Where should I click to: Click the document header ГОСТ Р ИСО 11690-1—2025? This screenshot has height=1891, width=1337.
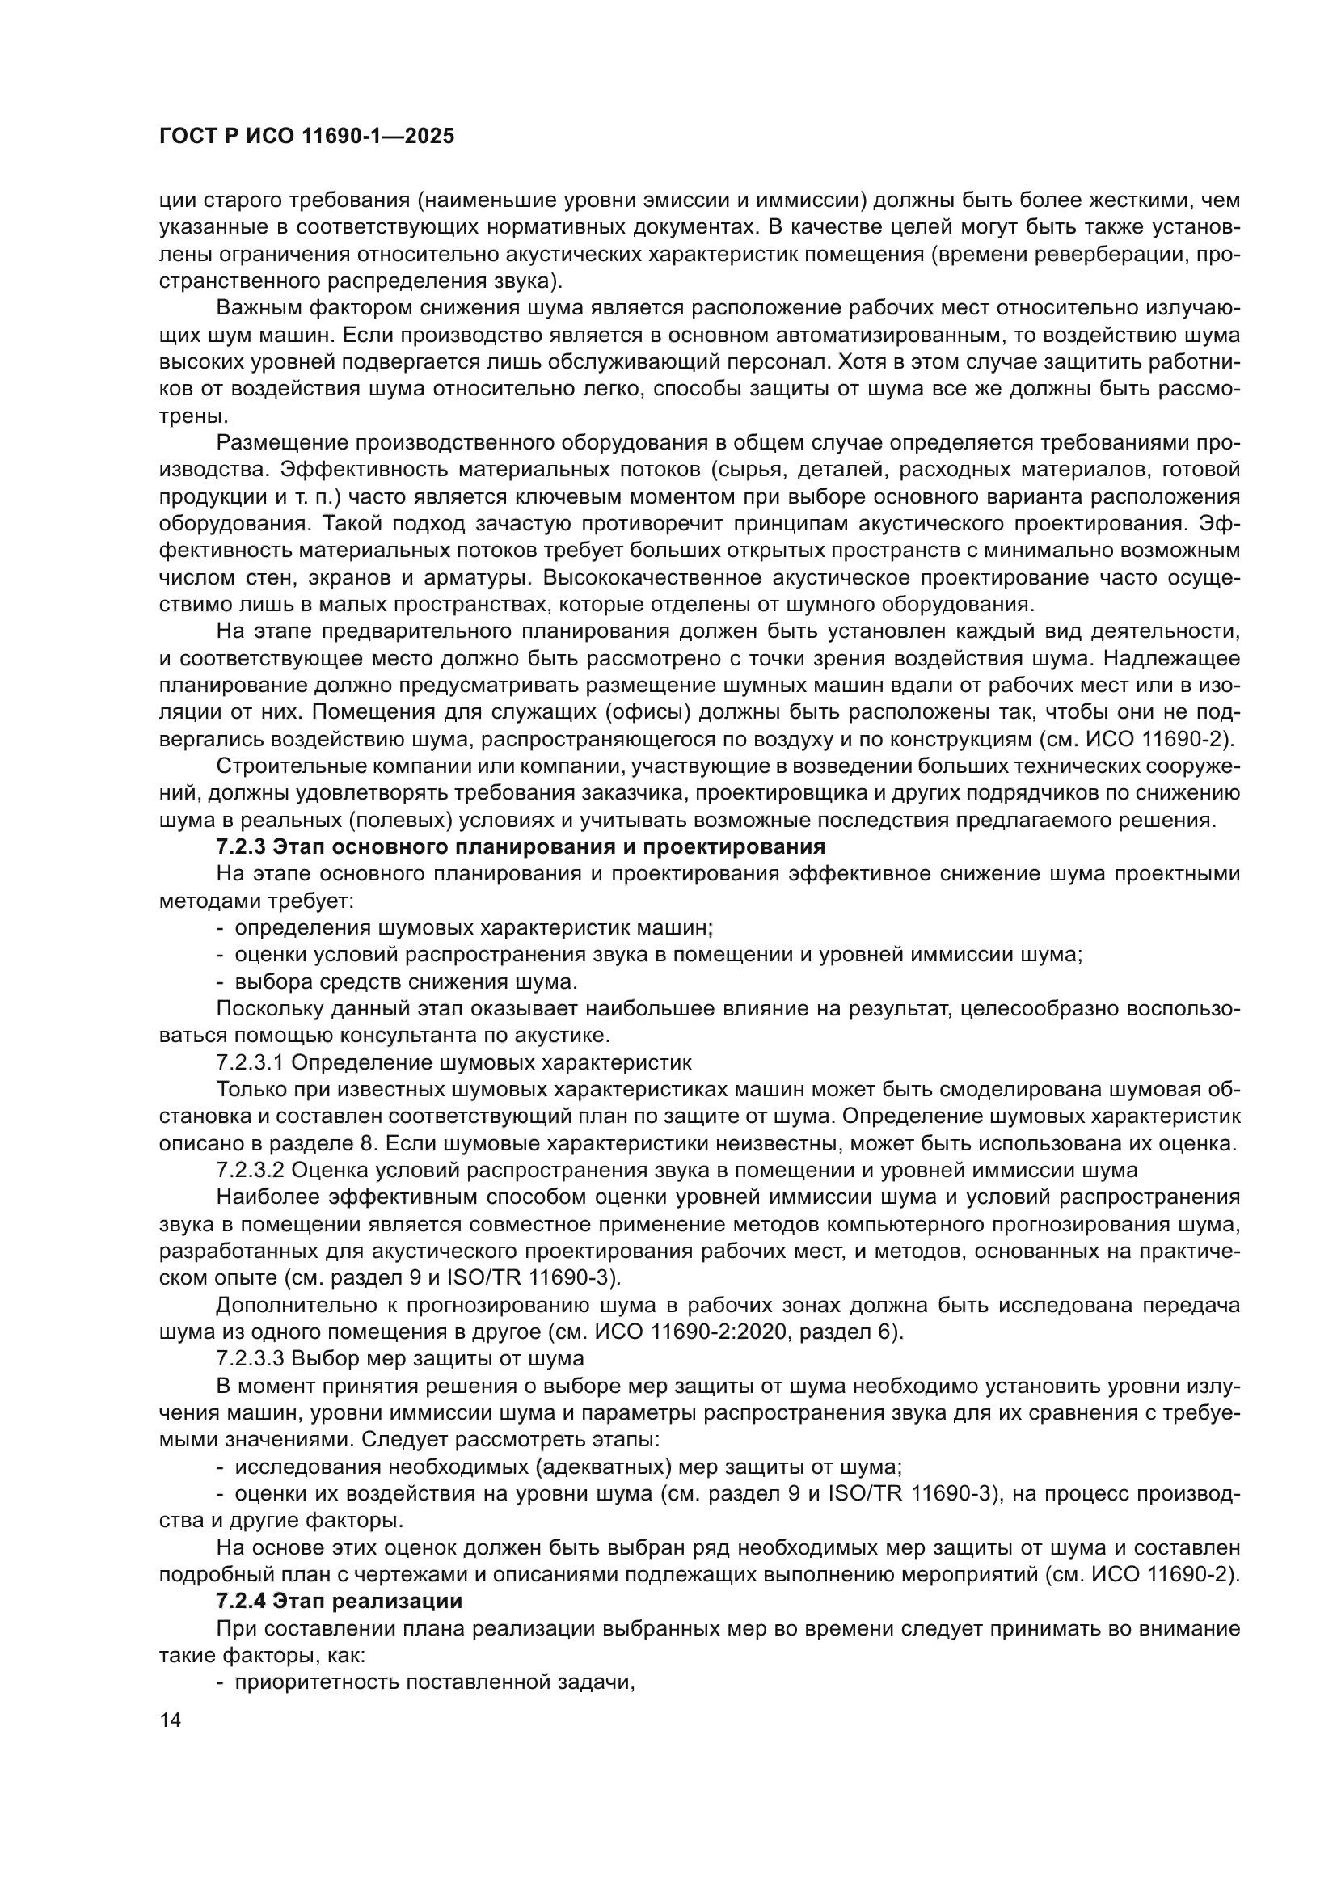coord(306,137)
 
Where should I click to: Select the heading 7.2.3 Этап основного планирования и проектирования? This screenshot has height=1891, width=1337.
coord(521,846)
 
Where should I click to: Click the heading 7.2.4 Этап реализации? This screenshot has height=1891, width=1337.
coord(339,1601)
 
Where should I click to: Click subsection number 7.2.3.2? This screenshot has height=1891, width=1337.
coord(249,1171)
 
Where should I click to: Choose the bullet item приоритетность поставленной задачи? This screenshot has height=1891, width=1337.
coord(434,1682)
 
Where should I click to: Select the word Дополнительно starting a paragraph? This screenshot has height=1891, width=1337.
coord(285,1305)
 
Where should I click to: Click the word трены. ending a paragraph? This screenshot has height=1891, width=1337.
coord(188,416)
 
